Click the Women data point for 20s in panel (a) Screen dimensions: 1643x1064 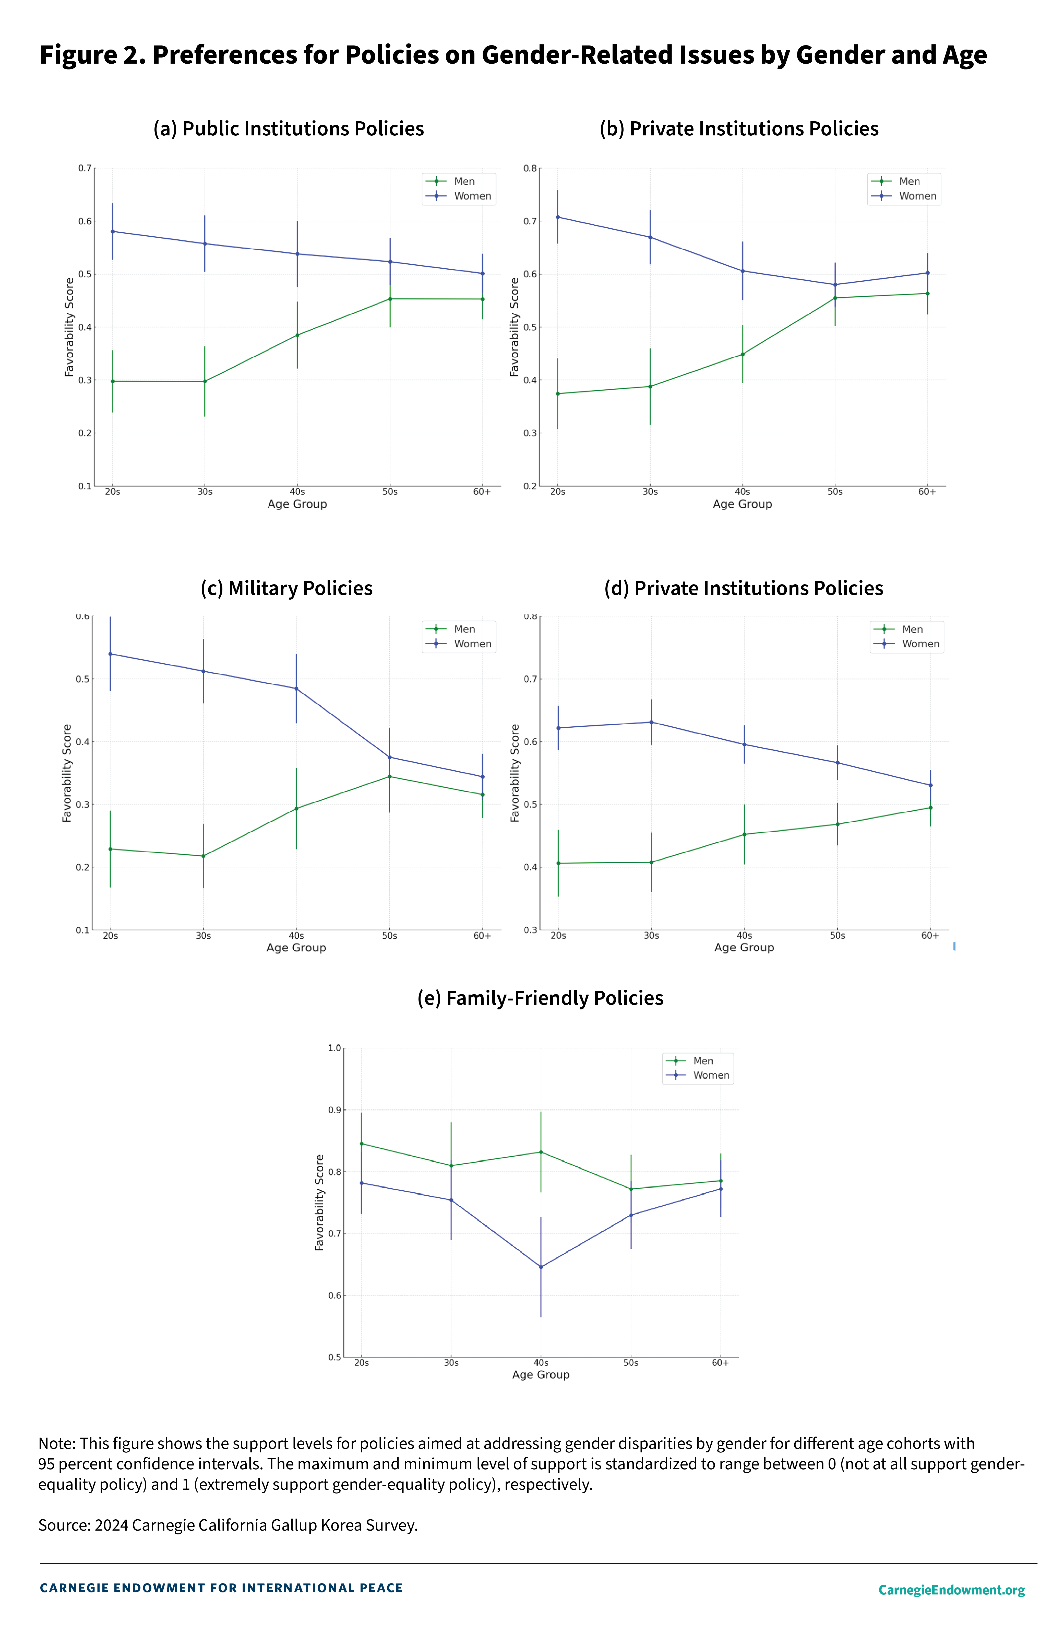(x=112, y=231)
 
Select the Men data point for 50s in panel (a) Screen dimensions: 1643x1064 (x=390, y=299)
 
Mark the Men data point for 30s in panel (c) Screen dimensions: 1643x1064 (x=203, y=856)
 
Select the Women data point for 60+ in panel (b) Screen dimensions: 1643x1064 (x=927, y=273)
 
